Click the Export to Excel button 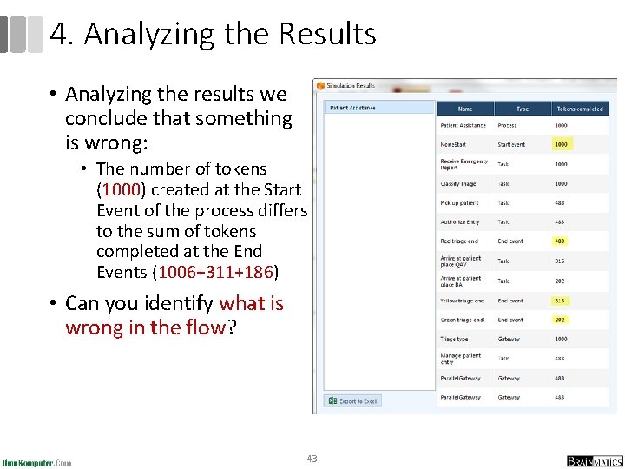point(353,401)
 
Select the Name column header point(465,109)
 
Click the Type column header point(523,109)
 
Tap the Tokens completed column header point(579,109)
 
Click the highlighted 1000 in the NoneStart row point(562,144)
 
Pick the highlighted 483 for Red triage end point(561,241)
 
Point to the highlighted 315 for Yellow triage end point(561,301)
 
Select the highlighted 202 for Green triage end point(561,320)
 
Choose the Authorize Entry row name point(459,221)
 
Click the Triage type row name point(454,339)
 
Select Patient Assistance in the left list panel point(352,108)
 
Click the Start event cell point(510,144)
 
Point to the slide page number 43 point(312,459)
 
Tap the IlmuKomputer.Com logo point(36,462)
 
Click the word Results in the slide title point(327,35)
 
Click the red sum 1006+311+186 point(214,273)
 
